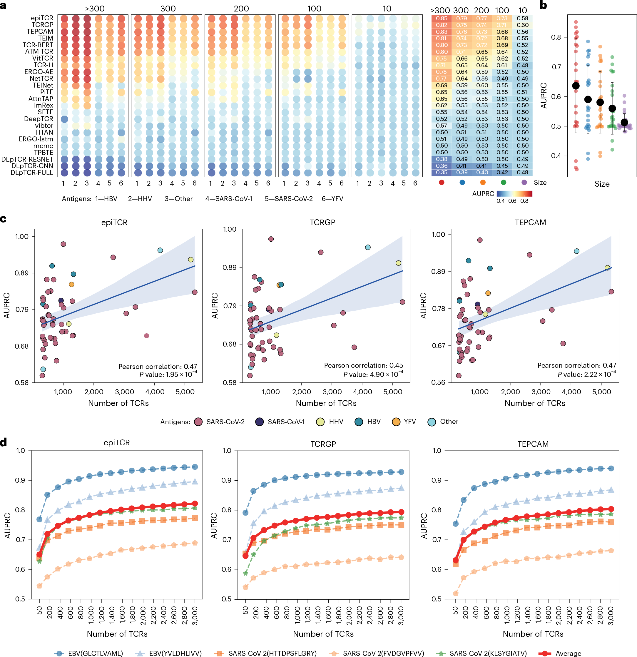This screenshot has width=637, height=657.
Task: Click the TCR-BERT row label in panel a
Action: tap(38, 45)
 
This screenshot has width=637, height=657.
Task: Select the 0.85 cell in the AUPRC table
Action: tap(441, 19)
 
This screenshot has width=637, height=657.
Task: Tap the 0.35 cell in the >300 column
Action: tap(441, 172)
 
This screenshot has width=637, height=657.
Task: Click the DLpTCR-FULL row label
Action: tap(32, 173)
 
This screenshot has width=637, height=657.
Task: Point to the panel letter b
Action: tap(543, 5)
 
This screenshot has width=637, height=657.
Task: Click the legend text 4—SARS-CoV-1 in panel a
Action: tap(229, 199)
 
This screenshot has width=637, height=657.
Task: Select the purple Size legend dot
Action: tap(524, 182)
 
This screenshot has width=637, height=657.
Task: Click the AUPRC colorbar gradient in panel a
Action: tap(514, 193)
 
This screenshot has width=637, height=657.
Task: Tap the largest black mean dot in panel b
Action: tap(576, 86)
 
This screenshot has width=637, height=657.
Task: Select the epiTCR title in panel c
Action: tap(114, 223)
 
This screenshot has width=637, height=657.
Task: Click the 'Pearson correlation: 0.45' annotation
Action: tap(363, 365)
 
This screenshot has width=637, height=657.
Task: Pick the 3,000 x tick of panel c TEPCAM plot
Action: tap(541, 392)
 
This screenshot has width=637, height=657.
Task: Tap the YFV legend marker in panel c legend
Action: tap(396, 422)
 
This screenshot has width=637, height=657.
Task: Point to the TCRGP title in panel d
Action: tap(323, 444)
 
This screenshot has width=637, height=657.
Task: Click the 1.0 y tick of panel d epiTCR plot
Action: tap(21, 451)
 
